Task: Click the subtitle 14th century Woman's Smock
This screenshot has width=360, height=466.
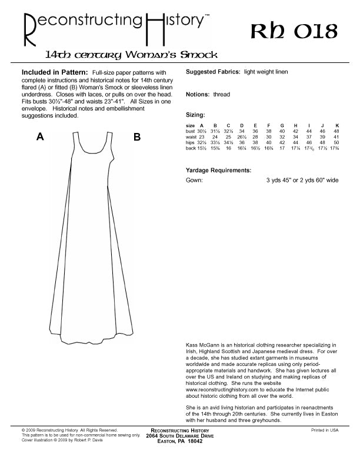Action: pyautogui.click(x=132, y=55)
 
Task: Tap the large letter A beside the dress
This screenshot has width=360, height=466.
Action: pyautogui.click(x=40, y=137)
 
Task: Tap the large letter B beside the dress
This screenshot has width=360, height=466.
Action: pyautogui.click(x=136, y=137)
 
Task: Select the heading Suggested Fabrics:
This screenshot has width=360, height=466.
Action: pyautogui.click(x=212, y=72)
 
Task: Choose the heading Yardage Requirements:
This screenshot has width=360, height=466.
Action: pyautogui.click(x=218, y=170)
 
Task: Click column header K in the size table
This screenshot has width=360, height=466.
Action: pyautogui.click(x=337, y=126)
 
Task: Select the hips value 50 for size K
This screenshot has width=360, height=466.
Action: pyautogui.click(x=336, y=143)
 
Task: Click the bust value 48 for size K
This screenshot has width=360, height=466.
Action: pyautogui.click(x=336, y=131)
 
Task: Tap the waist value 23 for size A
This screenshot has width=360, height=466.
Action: pyautogui.click(x=201, y=137)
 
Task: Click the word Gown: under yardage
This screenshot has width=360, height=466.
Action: pyautogui.click(x=194, y=181)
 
